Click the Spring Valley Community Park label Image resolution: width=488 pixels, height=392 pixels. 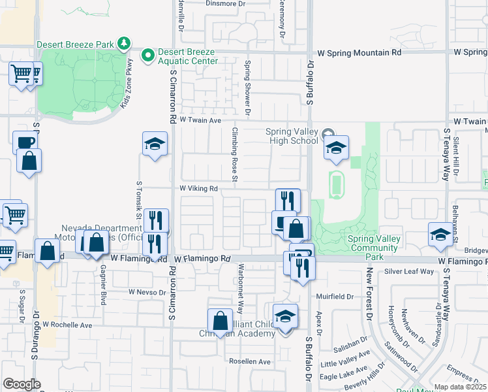tap(374, 243)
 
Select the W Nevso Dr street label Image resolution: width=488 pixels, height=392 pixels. tap(147, 292)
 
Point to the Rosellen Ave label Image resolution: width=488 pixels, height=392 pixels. tap(249, 361)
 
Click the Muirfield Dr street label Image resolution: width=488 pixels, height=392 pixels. tap(334, 297)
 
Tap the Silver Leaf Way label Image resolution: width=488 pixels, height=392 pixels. tap(409, 271)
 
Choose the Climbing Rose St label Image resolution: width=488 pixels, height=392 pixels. tap(234, 154)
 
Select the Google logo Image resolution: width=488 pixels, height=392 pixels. tap(22, 384)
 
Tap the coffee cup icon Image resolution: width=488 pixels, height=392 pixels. tap(25, 142)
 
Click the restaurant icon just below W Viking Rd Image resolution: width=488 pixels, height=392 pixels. tap(287, 200)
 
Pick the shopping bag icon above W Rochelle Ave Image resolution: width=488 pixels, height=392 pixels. tap(220, 320)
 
